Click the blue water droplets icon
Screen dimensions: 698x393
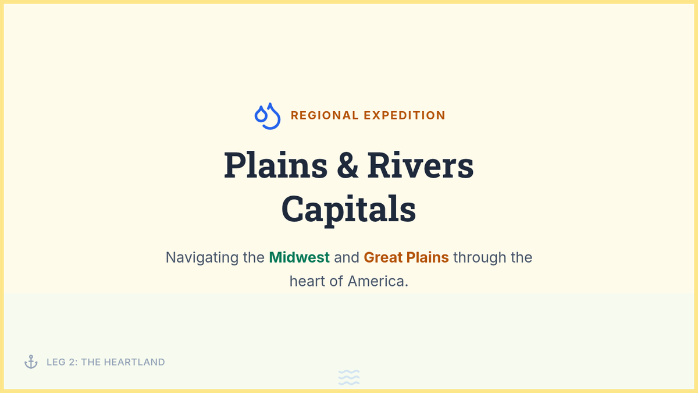coord(268,116)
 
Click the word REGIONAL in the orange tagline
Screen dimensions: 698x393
coord(325,115)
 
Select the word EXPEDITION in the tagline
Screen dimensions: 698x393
coord(404,115)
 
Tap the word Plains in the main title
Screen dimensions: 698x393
coord(276,165)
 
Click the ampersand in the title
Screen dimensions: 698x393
coord(347,165)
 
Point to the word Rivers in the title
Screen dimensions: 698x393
coord(421,165)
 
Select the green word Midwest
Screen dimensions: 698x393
coord(299,257)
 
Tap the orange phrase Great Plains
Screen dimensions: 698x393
coord(407,257)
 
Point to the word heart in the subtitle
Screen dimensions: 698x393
coord(308,281)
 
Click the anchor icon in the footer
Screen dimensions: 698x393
coord(31,362)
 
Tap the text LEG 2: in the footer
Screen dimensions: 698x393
coord(62,362)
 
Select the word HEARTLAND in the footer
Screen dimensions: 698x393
coord(134,362)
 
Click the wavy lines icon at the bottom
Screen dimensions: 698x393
coord(349,377)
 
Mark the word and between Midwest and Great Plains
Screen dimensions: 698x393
coord(347,257)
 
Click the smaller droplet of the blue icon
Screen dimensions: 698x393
coord(261,114)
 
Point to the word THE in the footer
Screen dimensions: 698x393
coord(91,362)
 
